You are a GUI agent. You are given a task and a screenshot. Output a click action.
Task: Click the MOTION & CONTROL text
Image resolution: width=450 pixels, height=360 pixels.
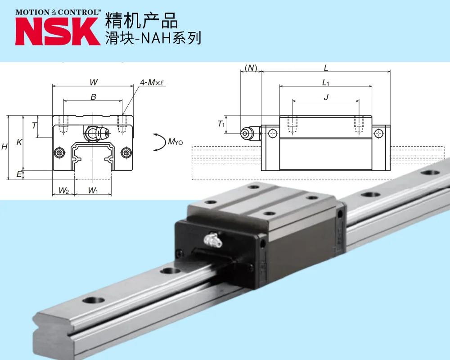[57, 12]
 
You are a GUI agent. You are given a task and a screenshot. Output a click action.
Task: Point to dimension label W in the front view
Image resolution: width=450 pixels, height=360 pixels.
[93, 82]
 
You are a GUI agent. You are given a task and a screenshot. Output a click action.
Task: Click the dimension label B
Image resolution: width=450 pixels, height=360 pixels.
[93, 97]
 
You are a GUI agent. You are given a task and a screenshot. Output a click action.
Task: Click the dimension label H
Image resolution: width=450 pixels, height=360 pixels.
[4, 147]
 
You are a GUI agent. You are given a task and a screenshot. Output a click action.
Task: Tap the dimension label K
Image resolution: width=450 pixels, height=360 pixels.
[19, 142]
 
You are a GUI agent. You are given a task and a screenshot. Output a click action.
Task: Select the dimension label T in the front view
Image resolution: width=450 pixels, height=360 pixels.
[34, 126]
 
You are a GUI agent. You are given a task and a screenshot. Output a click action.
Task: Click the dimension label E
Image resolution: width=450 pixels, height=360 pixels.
[19, 174]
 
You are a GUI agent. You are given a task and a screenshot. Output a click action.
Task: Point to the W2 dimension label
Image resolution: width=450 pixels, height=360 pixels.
[63, 191]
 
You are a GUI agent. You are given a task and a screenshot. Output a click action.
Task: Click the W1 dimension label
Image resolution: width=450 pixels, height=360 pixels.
[93, 191]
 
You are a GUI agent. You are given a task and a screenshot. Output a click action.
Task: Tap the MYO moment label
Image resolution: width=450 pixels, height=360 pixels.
[175, 142]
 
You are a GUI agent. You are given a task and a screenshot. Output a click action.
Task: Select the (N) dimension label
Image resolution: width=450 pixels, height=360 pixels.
[251, 68]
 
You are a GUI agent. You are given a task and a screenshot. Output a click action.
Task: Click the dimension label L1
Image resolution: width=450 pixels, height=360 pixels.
[326, 83]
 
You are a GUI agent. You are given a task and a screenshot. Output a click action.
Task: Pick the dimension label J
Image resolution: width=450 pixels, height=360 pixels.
[326, 97]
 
